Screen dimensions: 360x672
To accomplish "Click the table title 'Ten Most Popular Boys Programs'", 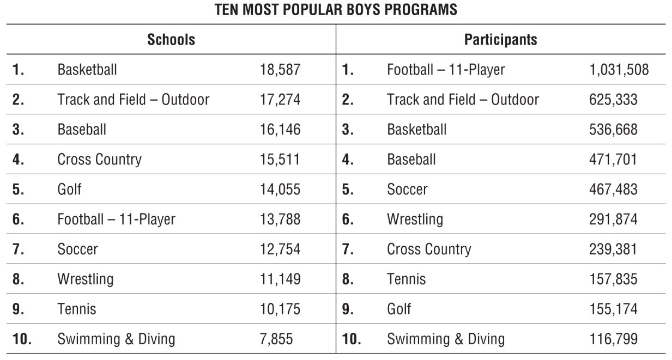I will pyautogui.click(x=336, y=10).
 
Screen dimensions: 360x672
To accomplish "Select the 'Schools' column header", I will pyautogui.click(x=171, y=39).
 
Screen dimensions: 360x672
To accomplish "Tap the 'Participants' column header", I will pyautogui.click(x=500, y=39).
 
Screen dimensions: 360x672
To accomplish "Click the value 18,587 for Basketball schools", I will pyautogui.click(x=280, y=70).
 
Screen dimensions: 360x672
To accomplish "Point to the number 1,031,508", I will pyautogui.click(x=619, y=70).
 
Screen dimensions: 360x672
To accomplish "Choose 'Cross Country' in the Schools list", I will pyautogui.click(x=99, y=160).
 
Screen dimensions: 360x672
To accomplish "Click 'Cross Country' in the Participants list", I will pyautogui.click(x=429, y=249).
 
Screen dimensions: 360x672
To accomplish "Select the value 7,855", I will pyautogui.click(x=276, y=339).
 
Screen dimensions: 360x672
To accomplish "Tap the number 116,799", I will pyautogui.click(x=613, y=339).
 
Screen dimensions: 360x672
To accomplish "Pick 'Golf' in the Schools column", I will pyautogui.click(x=70, y=190).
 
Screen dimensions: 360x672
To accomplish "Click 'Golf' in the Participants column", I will pyautogui.click(x=399, y=309).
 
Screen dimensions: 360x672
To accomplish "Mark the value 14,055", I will pyautogui.click(x=280, y=190).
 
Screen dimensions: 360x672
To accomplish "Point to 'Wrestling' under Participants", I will pyautogui.click(x=415, y=219).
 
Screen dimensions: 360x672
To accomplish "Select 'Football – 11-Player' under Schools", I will pyautogui.click(x=117, y=219).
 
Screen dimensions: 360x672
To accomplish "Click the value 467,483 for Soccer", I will pyautogui.click(x=613, y=190).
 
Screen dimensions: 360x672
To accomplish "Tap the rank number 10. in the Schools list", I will pyautogui.click(x=22, y=339).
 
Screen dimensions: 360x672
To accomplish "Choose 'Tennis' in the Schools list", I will pyautogui.click(x=77, y=309).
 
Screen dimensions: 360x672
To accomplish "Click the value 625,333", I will pyautogui.click(x=613, y=100).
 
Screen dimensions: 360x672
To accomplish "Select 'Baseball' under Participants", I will pyautogui.click(x=411, y=160).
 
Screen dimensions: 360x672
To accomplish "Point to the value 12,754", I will pyautogui.click(x=280, y=249).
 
